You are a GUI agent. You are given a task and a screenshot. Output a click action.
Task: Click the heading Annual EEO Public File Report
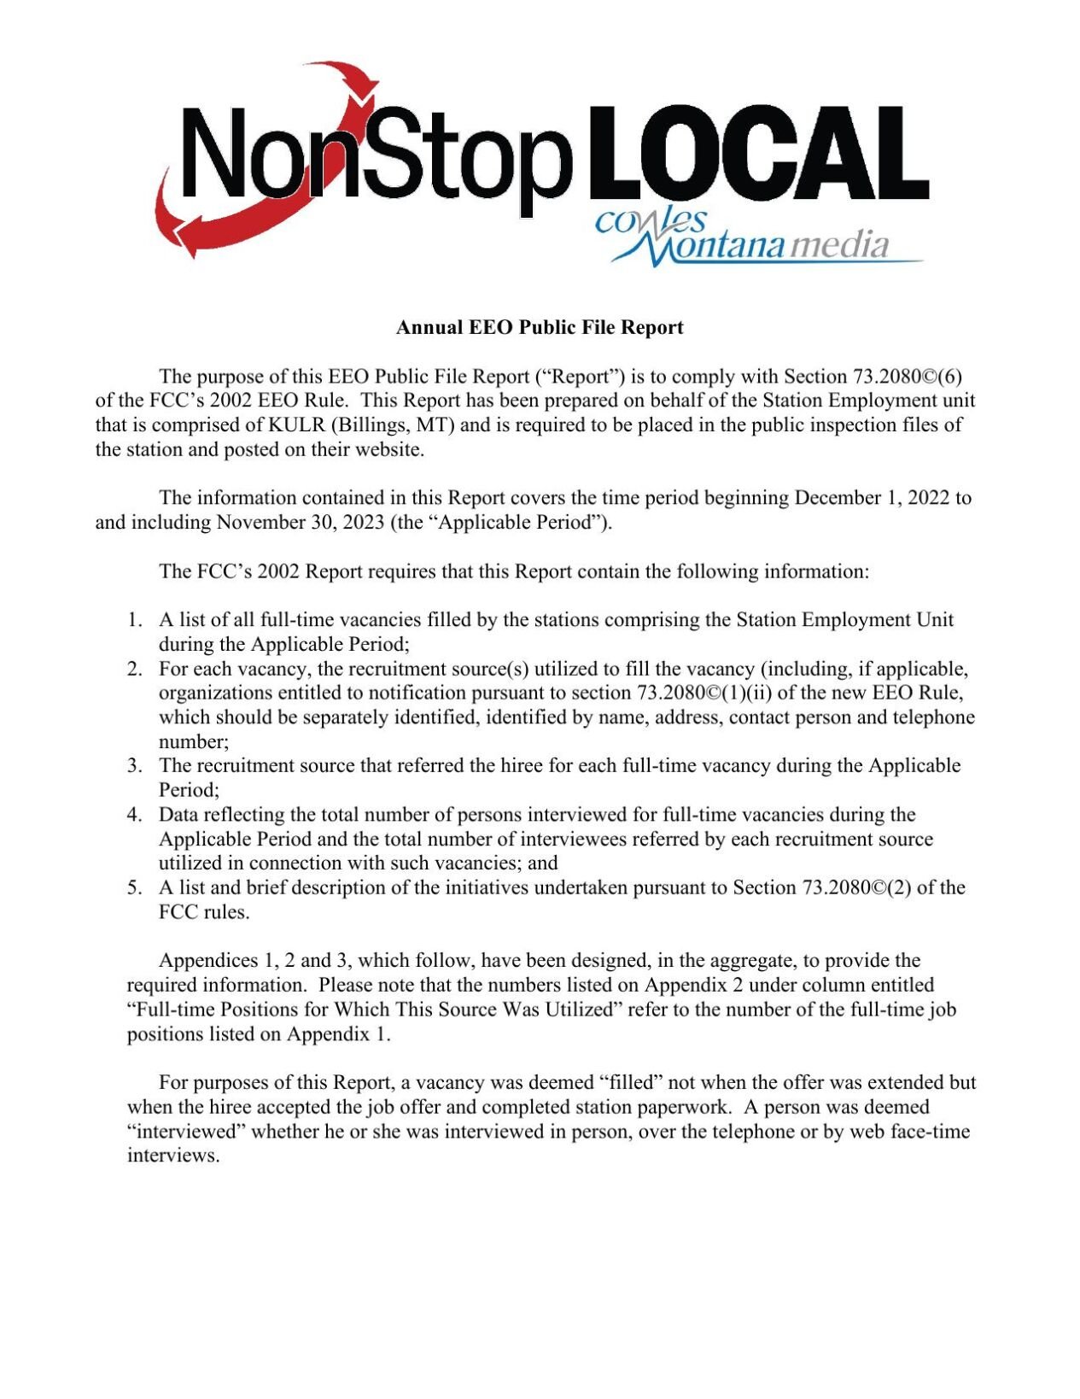click(540, 328)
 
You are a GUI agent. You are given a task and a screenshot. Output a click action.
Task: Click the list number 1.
click(134, 620)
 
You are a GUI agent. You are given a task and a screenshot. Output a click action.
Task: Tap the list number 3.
click(134, 766)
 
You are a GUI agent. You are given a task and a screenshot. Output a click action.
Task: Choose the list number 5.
click(134, 888)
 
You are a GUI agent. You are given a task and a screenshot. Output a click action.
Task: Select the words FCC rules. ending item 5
click(204, 913)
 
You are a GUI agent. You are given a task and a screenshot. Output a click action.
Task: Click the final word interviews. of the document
click(173, 1156)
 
